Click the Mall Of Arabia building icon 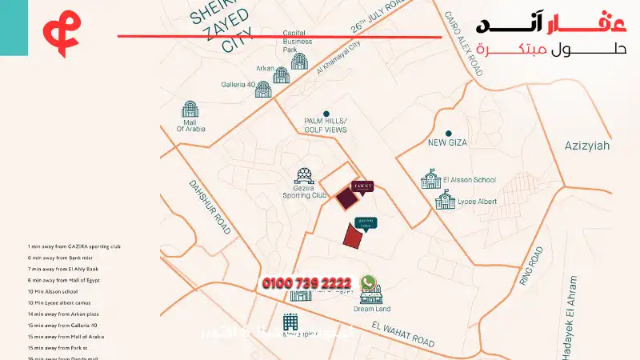[x=190, y=111]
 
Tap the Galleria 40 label [x=238, y=85]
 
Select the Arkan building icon [x=281, y=75]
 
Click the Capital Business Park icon [x=300, y=60]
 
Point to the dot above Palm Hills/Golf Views [x=326, y=114]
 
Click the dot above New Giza [x=448, y=133]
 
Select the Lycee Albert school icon [x=445, y=199]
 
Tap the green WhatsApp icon [x=368, y=283]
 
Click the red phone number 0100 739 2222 [x=306, y=283]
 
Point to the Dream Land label [x=372, y=309]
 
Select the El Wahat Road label [x=403, y=333]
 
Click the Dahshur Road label [x=210, y=206]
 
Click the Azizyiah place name [x=587, y=146]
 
